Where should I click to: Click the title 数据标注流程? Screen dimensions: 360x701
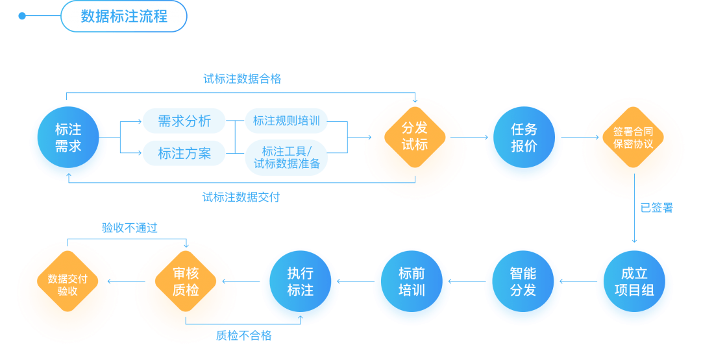[124, 16]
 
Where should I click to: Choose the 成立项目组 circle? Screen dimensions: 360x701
[634, 282]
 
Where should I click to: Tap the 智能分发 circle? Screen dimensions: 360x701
[523, 282]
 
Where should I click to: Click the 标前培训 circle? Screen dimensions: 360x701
[412, 282]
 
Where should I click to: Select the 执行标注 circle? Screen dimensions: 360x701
[300, 282]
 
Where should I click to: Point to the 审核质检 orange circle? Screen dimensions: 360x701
[186, 282]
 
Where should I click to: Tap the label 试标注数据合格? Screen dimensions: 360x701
[242, 79]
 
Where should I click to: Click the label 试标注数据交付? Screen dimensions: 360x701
[241, 197]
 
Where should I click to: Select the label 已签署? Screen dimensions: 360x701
[656, 208]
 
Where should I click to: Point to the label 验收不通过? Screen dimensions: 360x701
[130, 228]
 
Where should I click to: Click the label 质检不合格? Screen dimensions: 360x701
[243, 335]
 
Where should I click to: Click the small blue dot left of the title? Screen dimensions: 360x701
[22, 16]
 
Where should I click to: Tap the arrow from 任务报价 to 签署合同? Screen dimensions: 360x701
[581, 138]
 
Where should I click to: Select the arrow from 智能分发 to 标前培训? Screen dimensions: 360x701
[467, 282]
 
